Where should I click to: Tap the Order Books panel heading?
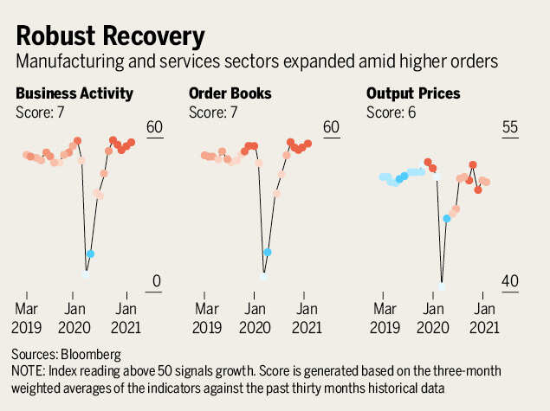230,93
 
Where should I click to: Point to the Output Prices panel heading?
413,93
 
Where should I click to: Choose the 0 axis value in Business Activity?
157,282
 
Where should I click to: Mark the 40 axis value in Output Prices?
509,282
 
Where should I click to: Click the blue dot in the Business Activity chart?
90,254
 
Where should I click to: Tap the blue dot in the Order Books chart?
268,252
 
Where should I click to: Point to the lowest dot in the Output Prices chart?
443,282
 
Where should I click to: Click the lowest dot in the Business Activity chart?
85,273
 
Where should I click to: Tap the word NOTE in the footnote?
28,369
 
